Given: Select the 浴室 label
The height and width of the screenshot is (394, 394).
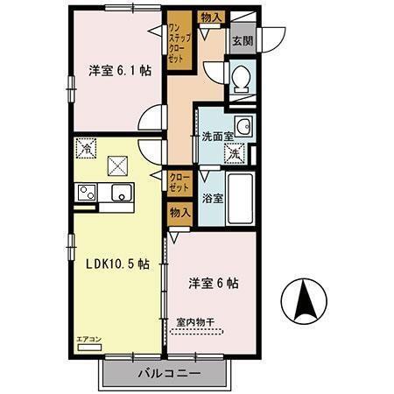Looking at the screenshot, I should coord(211,198).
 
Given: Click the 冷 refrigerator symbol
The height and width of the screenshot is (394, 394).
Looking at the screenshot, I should coord(86,149).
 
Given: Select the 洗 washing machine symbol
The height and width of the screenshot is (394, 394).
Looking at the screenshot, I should coord(234,154).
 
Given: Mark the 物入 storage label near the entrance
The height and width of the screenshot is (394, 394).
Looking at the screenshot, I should coord(210,17).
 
